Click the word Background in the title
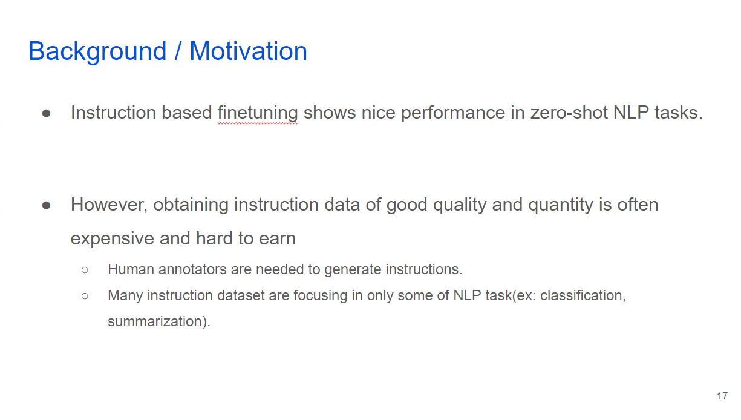pyautogui.click(x=97, y=51)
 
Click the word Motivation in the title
pyautogui.click(x=249, y=51)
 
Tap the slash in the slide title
pyautogui.click(x=178, y=51)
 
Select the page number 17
pyautogui.click(x=722, y=396)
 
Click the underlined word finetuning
pyautogui.click(x=258, y=113)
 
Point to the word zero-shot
pyautogui.click(x=569, y=113)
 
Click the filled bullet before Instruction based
pyautogui.click(x=47, y=114)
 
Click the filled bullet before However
pyautogui.click(x=47, y=206)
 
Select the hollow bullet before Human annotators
pyautogui.click(x=85, y=270)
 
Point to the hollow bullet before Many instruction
pyautogui.click(x=85, y=296)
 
